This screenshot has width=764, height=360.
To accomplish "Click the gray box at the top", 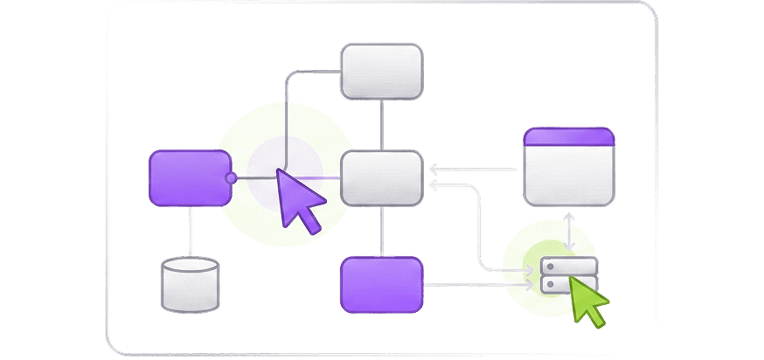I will [381, 72].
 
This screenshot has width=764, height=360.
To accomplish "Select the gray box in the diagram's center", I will [381, 177].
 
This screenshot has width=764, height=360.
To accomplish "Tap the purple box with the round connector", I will [189, 177].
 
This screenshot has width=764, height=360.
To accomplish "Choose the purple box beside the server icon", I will [381, 284].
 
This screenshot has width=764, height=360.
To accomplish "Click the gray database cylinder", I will [190, 288].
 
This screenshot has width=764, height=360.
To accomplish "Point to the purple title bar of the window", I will [568, 136].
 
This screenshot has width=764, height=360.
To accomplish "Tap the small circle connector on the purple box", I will [231, 177].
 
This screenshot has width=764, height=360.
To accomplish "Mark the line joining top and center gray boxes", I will [381, 124].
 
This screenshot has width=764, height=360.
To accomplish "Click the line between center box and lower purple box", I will [381, 231].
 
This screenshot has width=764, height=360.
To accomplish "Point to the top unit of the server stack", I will [569, 266].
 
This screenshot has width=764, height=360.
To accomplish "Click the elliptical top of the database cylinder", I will [190, 264].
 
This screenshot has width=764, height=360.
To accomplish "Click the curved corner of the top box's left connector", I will [290, 77].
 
